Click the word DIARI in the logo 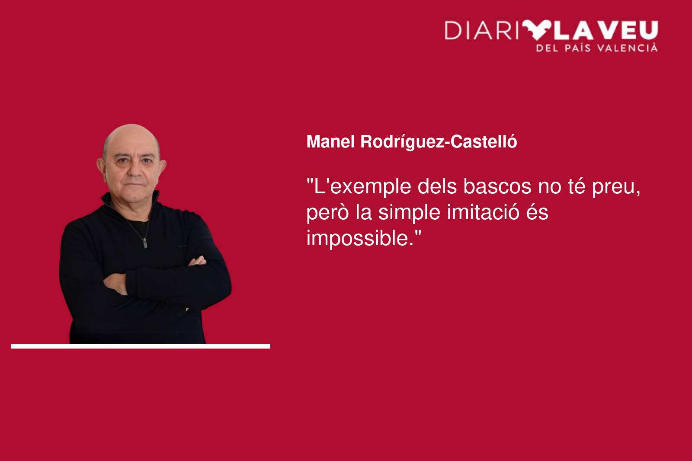tap(482, 30)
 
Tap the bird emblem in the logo tap(537, 30)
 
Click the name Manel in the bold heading tap(330, 141)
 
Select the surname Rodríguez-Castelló tap(439, 142)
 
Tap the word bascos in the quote tap(497, 186)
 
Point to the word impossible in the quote tap(360, 239)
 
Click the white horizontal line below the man tap(141, 346)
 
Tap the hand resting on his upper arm tap(198, 261)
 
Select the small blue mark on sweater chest tap(182, 246)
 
